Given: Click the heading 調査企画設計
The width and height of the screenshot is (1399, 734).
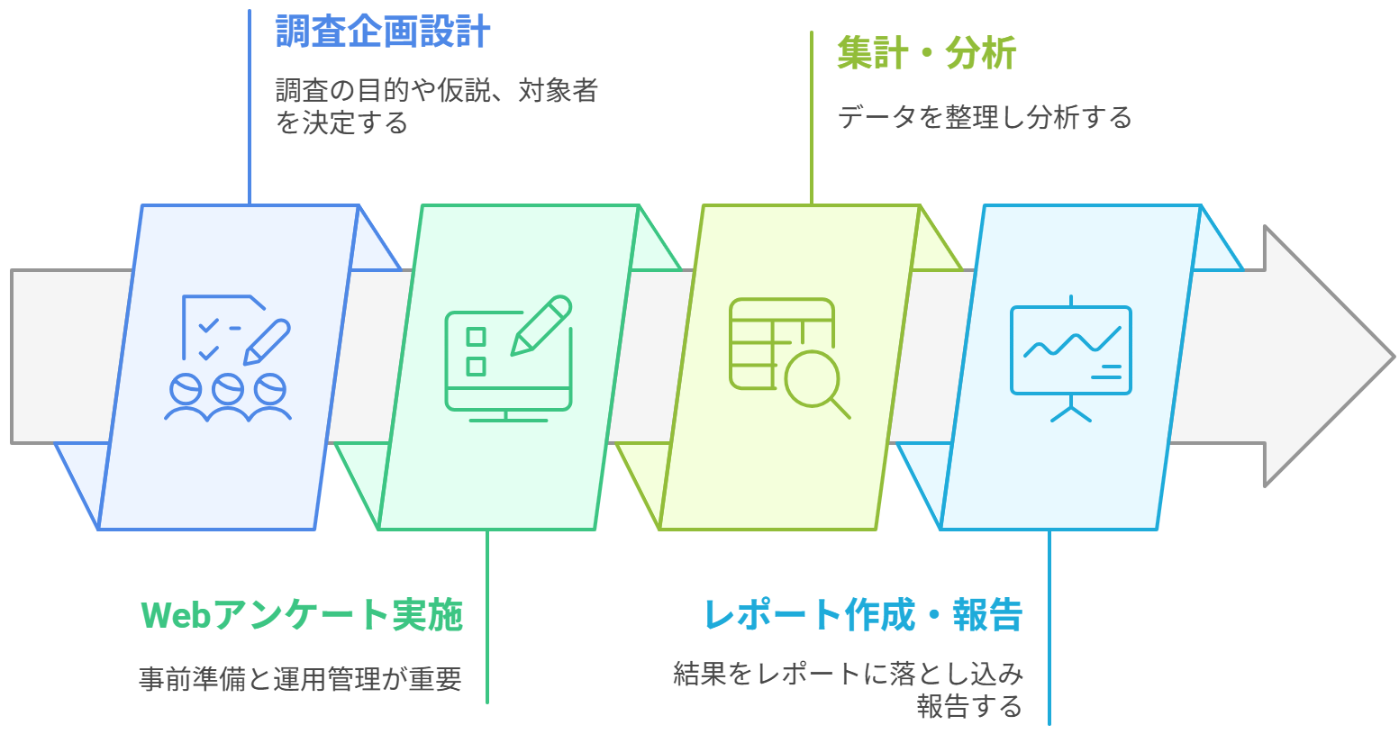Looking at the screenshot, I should click(383, 32).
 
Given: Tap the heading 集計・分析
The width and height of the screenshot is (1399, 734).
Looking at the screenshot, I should click(926, 52).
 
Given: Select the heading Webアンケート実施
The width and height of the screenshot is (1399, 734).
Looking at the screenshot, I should click(302, 615).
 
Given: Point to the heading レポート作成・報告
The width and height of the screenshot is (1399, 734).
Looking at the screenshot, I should click(862, 615).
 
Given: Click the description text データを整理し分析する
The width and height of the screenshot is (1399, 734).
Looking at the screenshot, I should click(985, 117).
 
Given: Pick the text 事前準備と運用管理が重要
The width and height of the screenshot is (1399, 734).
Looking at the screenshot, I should click(300, 678).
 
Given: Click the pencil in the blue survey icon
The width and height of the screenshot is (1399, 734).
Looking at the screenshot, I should click(267, 341).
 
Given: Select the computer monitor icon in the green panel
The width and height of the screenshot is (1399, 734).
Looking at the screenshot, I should click(508, 360).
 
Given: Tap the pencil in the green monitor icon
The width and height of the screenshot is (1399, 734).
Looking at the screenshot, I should click(542, 324).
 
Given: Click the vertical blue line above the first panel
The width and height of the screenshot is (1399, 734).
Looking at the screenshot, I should click(250, 108).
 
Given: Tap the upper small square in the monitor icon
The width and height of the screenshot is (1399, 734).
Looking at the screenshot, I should click(476, 337).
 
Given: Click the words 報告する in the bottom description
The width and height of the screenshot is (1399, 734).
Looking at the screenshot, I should click(969, 705).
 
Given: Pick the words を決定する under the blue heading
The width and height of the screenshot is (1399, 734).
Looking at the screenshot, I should click(342, 122).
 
